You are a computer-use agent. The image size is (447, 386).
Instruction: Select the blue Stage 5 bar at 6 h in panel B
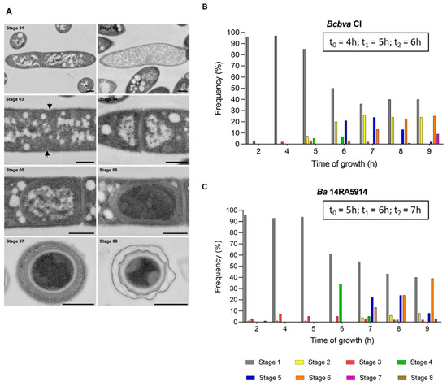coord(345,132)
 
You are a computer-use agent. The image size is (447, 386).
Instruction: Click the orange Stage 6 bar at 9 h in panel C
coord(433,301)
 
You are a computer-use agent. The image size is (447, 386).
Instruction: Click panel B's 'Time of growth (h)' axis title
coord(337,161)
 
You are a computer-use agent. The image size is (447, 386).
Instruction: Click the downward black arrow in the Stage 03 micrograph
coord(50,106)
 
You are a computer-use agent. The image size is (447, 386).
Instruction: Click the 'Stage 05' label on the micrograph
coord(16,170)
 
